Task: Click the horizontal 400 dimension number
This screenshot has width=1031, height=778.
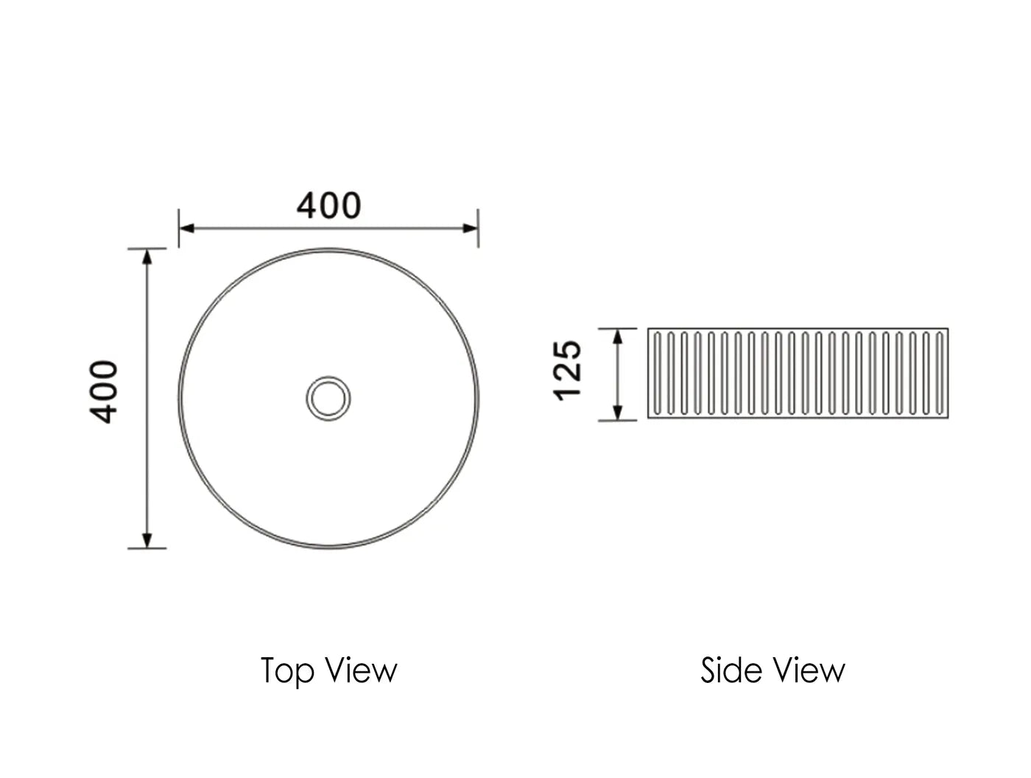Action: click(329, 206)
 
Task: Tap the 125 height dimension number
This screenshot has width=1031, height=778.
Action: click(568, 370)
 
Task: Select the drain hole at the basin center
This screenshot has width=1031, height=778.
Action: click(328, 399)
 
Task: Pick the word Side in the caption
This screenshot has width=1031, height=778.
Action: click(722, 670)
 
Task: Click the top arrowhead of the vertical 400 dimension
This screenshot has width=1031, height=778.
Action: click(147, 256)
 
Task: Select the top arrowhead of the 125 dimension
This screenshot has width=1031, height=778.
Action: click(619, 336)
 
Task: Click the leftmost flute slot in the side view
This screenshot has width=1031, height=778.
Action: click(657, 373)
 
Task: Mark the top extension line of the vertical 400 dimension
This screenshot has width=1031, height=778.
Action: click(147, 248)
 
